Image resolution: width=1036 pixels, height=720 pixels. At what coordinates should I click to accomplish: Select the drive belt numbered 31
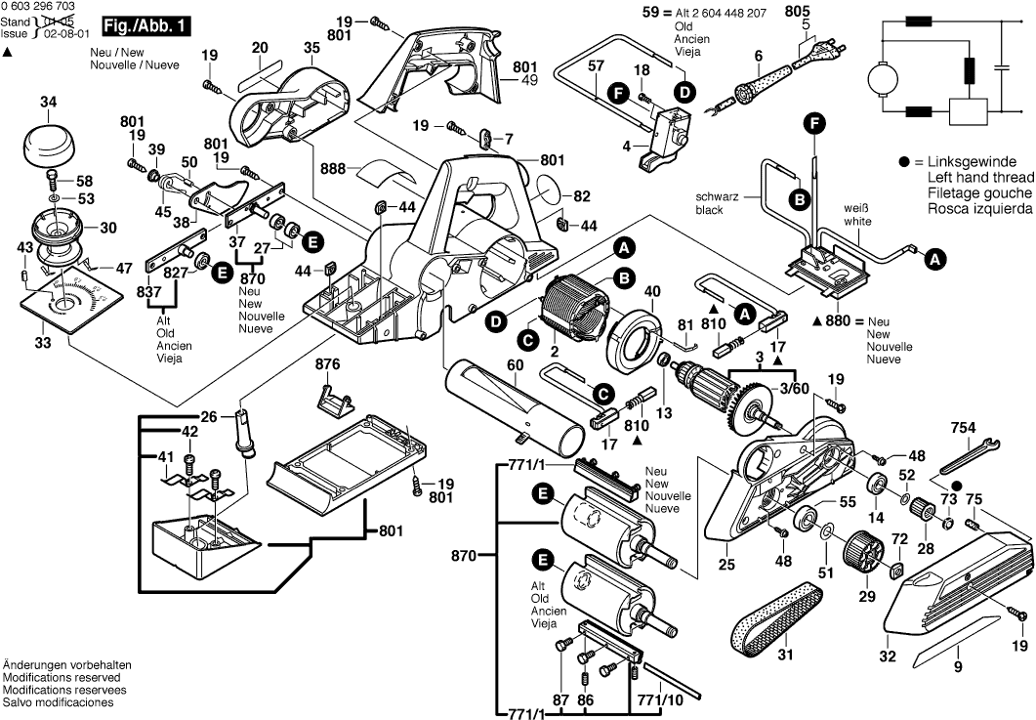(x=776, y=611)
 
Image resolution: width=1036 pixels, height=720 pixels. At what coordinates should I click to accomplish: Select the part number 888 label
(x=333, y=169)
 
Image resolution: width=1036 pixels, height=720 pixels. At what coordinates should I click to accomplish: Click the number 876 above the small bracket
(x=328, y=364)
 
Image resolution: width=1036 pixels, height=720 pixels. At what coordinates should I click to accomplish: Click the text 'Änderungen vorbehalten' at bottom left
(x=66, y=665)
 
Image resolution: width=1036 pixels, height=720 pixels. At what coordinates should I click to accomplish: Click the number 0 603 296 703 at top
(x=40, y=7)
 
